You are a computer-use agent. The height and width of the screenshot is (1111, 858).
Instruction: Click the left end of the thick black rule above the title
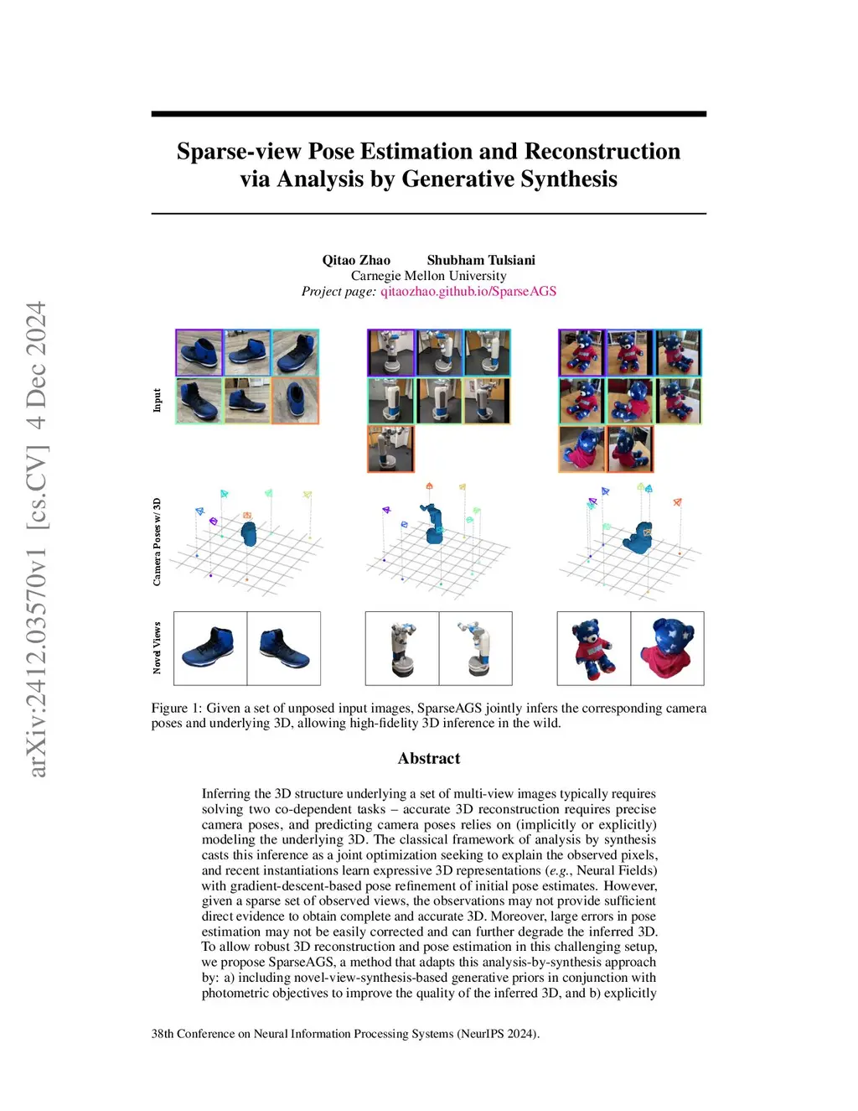click(x=152, y=114)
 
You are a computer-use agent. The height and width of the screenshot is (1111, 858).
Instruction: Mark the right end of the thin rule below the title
click(x=707, y=214)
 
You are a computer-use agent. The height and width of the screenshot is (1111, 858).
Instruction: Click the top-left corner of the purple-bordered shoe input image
click(x=176, y=330)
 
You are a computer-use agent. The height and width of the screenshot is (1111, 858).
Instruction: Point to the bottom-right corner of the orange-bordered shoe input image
click(x=319, y=423)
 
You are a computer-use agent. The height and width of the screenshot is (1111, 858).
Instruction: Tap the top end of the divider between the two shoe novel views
click(x=247, y=612)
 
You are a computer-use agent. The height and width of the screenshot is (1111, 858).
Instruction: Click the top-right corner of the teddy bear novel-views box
click(x=705, y=612)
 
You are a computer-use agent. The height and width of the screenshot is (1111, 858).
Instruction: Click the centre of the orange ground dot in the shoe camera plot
click(x=247, y=579)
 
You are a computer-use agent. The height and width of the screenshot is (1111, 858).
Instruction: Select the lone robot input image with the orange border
click(x=390, y=449)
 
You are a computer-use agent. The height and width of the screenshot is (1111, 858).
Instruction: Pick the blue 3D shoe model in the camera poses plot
click(x=249, y=533)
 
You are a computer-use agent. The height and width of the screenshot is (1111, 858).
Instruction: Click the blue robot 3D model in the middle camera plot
click(x=432, y=524)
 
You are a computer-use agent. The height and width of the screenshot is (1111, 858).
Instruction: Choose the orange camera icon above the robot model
click(x=430, y=485)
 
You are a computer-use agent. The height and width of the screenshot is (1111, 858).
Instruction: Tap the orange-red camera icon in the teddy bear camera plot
click(x=677, y=502)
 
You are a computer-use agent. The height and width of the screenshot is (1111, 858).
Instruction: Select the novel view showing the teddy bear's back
click(x=667, y=648)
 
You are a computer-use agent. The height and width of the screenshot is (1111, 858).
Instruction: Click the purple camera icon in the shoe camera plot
click(x=214, y=522)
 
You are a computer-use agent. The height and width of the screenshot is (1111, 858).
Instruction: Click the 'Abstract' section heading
click(x=429, y=758)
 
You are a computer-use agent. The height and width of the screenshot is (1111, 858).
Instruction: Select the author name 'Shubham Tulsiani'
click(x=481, y=260)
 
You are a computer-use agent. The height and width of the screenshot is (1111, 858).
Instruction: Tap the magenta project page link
click(x=468, y=292)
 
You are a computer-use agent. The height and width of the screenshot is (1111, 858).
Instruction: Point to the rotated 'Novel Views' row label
click(x=157, y=648)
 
